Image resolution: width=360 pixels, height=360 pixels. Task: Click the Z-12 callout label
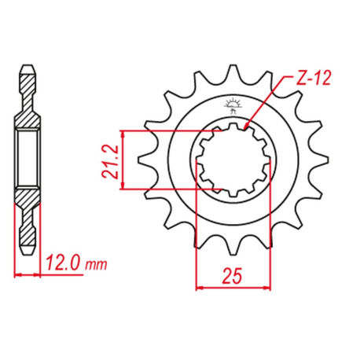[x=314, y=78]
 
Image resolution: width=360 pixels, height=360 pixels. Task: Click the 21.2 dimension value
[x=110, y=162]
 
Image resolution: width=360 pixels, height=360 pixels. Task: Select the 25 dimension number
[x=232, y=276]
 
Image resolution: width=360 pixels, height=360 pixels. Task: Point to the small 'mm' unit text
[x=97, y=265]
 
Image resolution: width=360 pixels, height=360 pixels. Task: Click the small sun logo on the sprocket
[x=232, y=105]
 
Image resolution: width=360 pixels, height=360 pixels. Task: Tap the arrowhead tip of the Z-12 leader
[x=244, y=129]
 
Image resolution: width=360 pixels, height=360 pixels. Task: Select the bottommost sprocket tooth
[x=233, y=247]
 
